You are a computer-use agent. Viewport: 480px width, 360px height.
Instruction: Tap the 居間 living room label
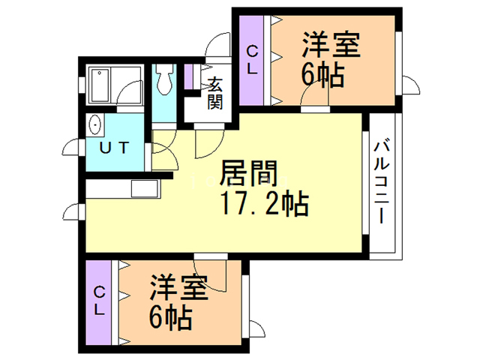tap(243, 175)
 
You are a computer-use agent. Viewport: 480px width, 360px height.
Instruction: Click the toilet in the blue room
tap(165, 79)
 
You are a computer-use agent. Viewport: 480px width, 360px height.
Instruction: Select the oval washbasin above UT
tap(96, 124)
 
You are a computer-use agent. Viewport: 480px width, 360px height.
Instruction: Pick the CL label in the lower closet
tap(99, 300)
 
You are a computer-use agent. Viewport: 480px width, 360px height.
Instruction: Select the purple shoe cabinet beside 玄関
tap(188, 78)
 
